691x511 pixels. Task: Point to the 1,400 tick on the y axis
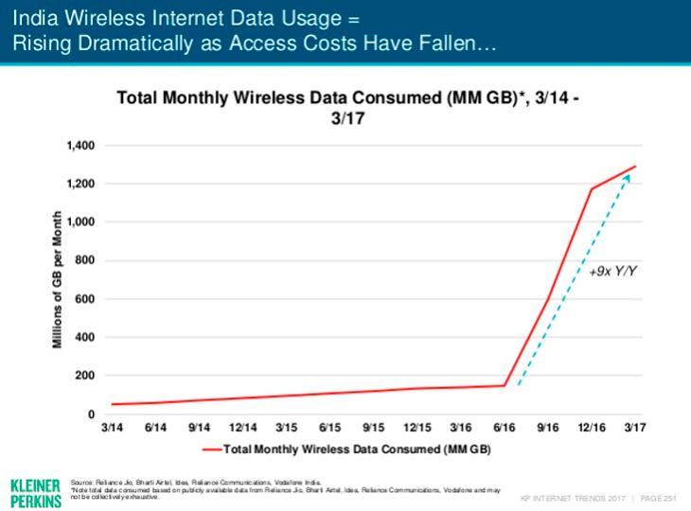(82, 146)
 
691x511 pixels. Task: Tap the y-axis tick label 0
(92, 414)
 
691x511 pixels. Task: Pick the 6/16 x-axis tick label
(504, 428)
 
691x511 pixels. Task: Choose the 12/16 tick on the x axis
(593, 428)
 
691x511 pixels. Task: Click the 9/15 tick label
(373, 428)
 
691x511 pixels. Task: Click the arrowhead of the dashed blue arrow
(628, 177)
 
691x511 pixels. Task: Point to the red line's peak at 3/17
(635, 167)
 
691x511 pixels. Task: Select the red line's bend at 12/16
(593, 188)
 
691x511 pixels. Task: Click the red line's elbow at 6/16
(505, 385)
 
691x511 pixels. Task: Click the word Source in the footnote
(82, 483)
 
